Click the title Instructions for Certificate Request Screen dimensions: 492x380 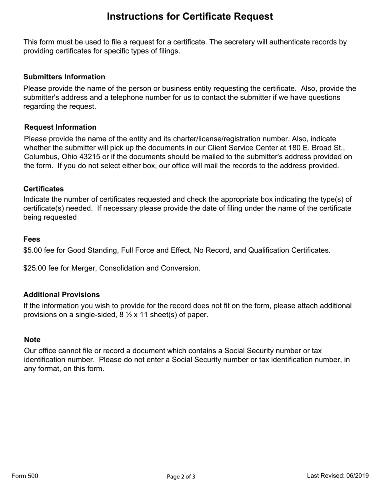tap(190, 16)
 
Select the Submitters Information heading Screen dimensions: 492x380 tap(64, 77)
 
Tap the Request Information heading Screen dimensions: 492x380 tap(60, 127)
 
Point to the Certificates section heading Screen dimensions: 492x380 tap(43, 189)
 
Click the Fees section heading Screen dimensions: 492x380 tap(32, 239)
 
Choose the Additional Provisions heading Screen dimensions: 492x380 tap(61, 295)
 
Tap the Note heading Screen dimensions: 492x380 tap(32, 340)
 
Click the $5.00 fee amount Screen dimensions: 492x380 tap(32, 250)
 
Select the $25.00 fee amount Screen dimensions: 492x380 tap(34, 268)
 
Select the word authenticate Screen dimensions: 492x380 tap(278, 42)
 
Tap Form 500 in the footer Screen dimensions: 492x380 tap(25, 476)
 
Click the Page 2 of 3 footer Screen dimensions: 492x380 tap(181, 476)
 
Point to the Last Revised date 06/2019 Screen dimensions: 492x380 tap(357, 476)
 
